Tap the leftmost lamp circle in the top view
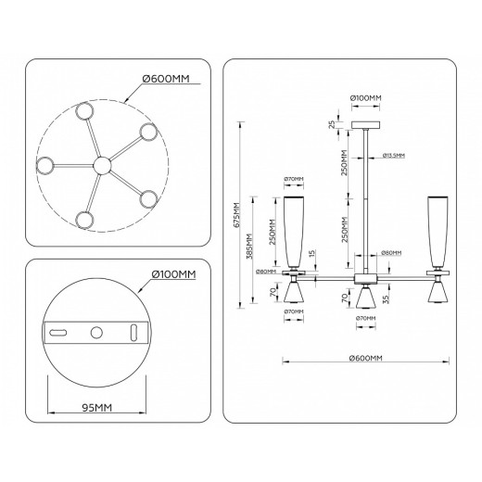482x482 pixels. click(x=44, y=167)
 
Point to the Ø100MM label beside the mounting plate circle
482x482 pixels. click(x=172, y=274)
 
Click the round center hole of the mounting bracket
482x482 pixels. click(x=96, y=332)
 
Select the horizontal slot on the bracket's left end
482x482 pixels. click(x=58, y=332)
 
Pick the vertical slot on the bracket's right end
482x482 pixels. click(x=135, y=332)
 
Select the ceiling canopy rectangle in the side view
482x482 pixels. click(x=367, y=124)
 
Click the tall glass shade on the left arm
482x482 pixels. click(x=292, y=232)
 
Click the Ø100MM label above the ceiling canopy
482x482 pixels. click(x=367, y=96)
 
